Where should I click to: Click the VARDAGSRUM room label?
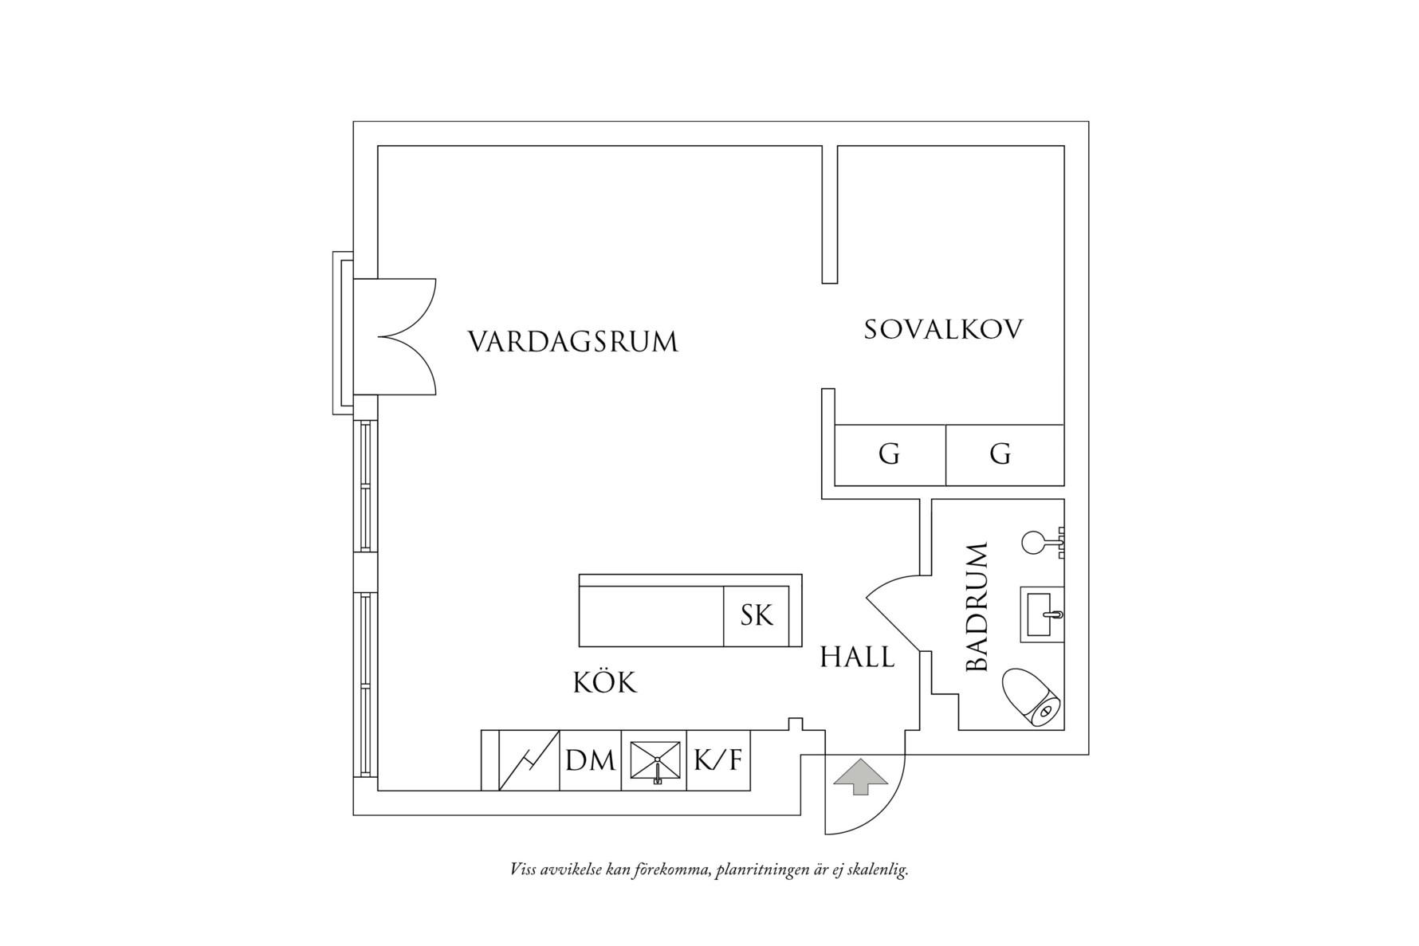[x=572, y=342]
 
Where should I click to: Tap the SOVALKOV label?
[x=943, y=330]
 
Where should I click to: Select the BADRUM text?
[x=977, y=607]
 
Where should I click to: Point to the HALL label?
[x=857, y=657]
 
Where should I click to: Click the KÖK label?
[x=605, y=683]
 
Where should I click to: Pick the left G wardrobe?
[x=890, y=455]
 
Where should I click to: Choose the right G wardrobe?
[x=1000, y=455]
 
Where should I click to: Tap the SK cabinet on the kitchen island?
[x=757, y=616]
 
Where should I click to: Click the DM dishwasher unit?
[x=590, y=761]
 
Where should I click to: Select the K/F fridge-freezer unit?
[x=717, y=761]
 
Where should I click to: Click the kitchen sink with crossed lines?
[x=655, y=761]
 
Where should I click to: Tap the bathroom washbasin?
[x=1041, y=614]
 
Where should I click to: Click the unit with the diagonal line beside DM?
[x=529, y=761]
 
